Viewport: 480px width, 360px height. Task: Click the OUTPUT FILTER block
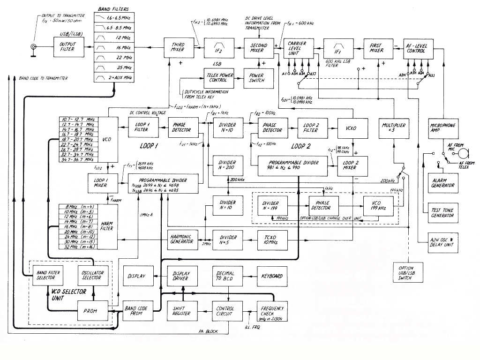[x=67, y=48]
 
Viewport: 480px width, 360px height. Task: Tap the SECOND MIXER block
[x=258, y=48]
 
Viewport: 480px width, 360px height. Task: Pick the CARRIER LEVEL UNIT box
[x=298, y=48]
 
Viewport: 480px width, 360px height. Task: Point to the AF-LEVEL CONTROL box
[x=419, y=48]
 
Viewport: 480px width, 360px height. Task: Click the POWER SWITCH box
[x=256, y=77]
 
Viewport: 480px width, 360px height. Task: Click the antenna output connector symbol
[x=34, y=47]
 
